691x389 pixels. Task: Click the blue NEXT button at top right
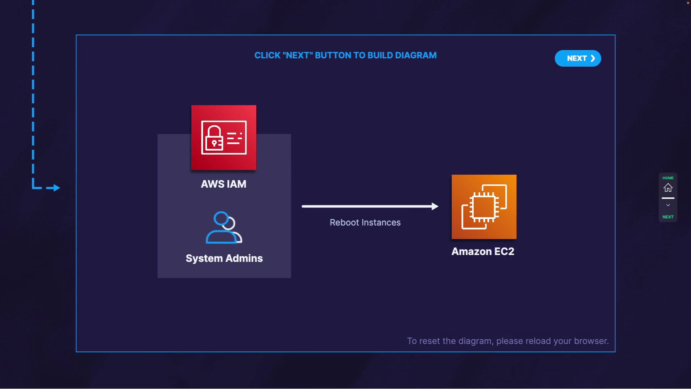[x=578, y=58]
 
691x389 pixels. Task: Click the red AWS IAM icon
[x=224, y=138]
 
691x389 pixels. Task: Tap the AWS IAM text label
[x=223, y=184]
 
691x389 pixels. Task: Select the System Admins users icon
[x=224, y=228]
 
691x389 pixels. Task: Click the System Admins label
[x=224, y=258]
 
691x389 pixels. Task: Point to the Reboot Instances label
[x=365, y=223]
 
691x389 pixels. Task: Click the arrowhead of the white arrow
[x=435, y=206]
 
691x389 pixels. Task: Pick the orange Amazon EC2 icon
[x=484, y=207]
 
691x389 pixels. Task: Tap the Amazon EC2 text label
[x=483, y=251]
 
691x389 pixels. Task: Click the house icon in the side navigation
[x=668, y=188]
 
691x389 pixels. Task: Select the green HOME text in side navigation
[x=668, y=178]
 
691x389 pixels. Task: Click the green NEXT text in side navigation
[x=668, y=217]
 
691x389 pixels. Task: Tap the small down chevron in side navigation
[x=668, y=205]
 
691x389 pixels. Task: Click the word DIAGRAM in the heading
[x=416, y=55]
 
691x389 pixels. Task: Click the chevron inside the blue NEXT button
[x=593, y=58]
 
